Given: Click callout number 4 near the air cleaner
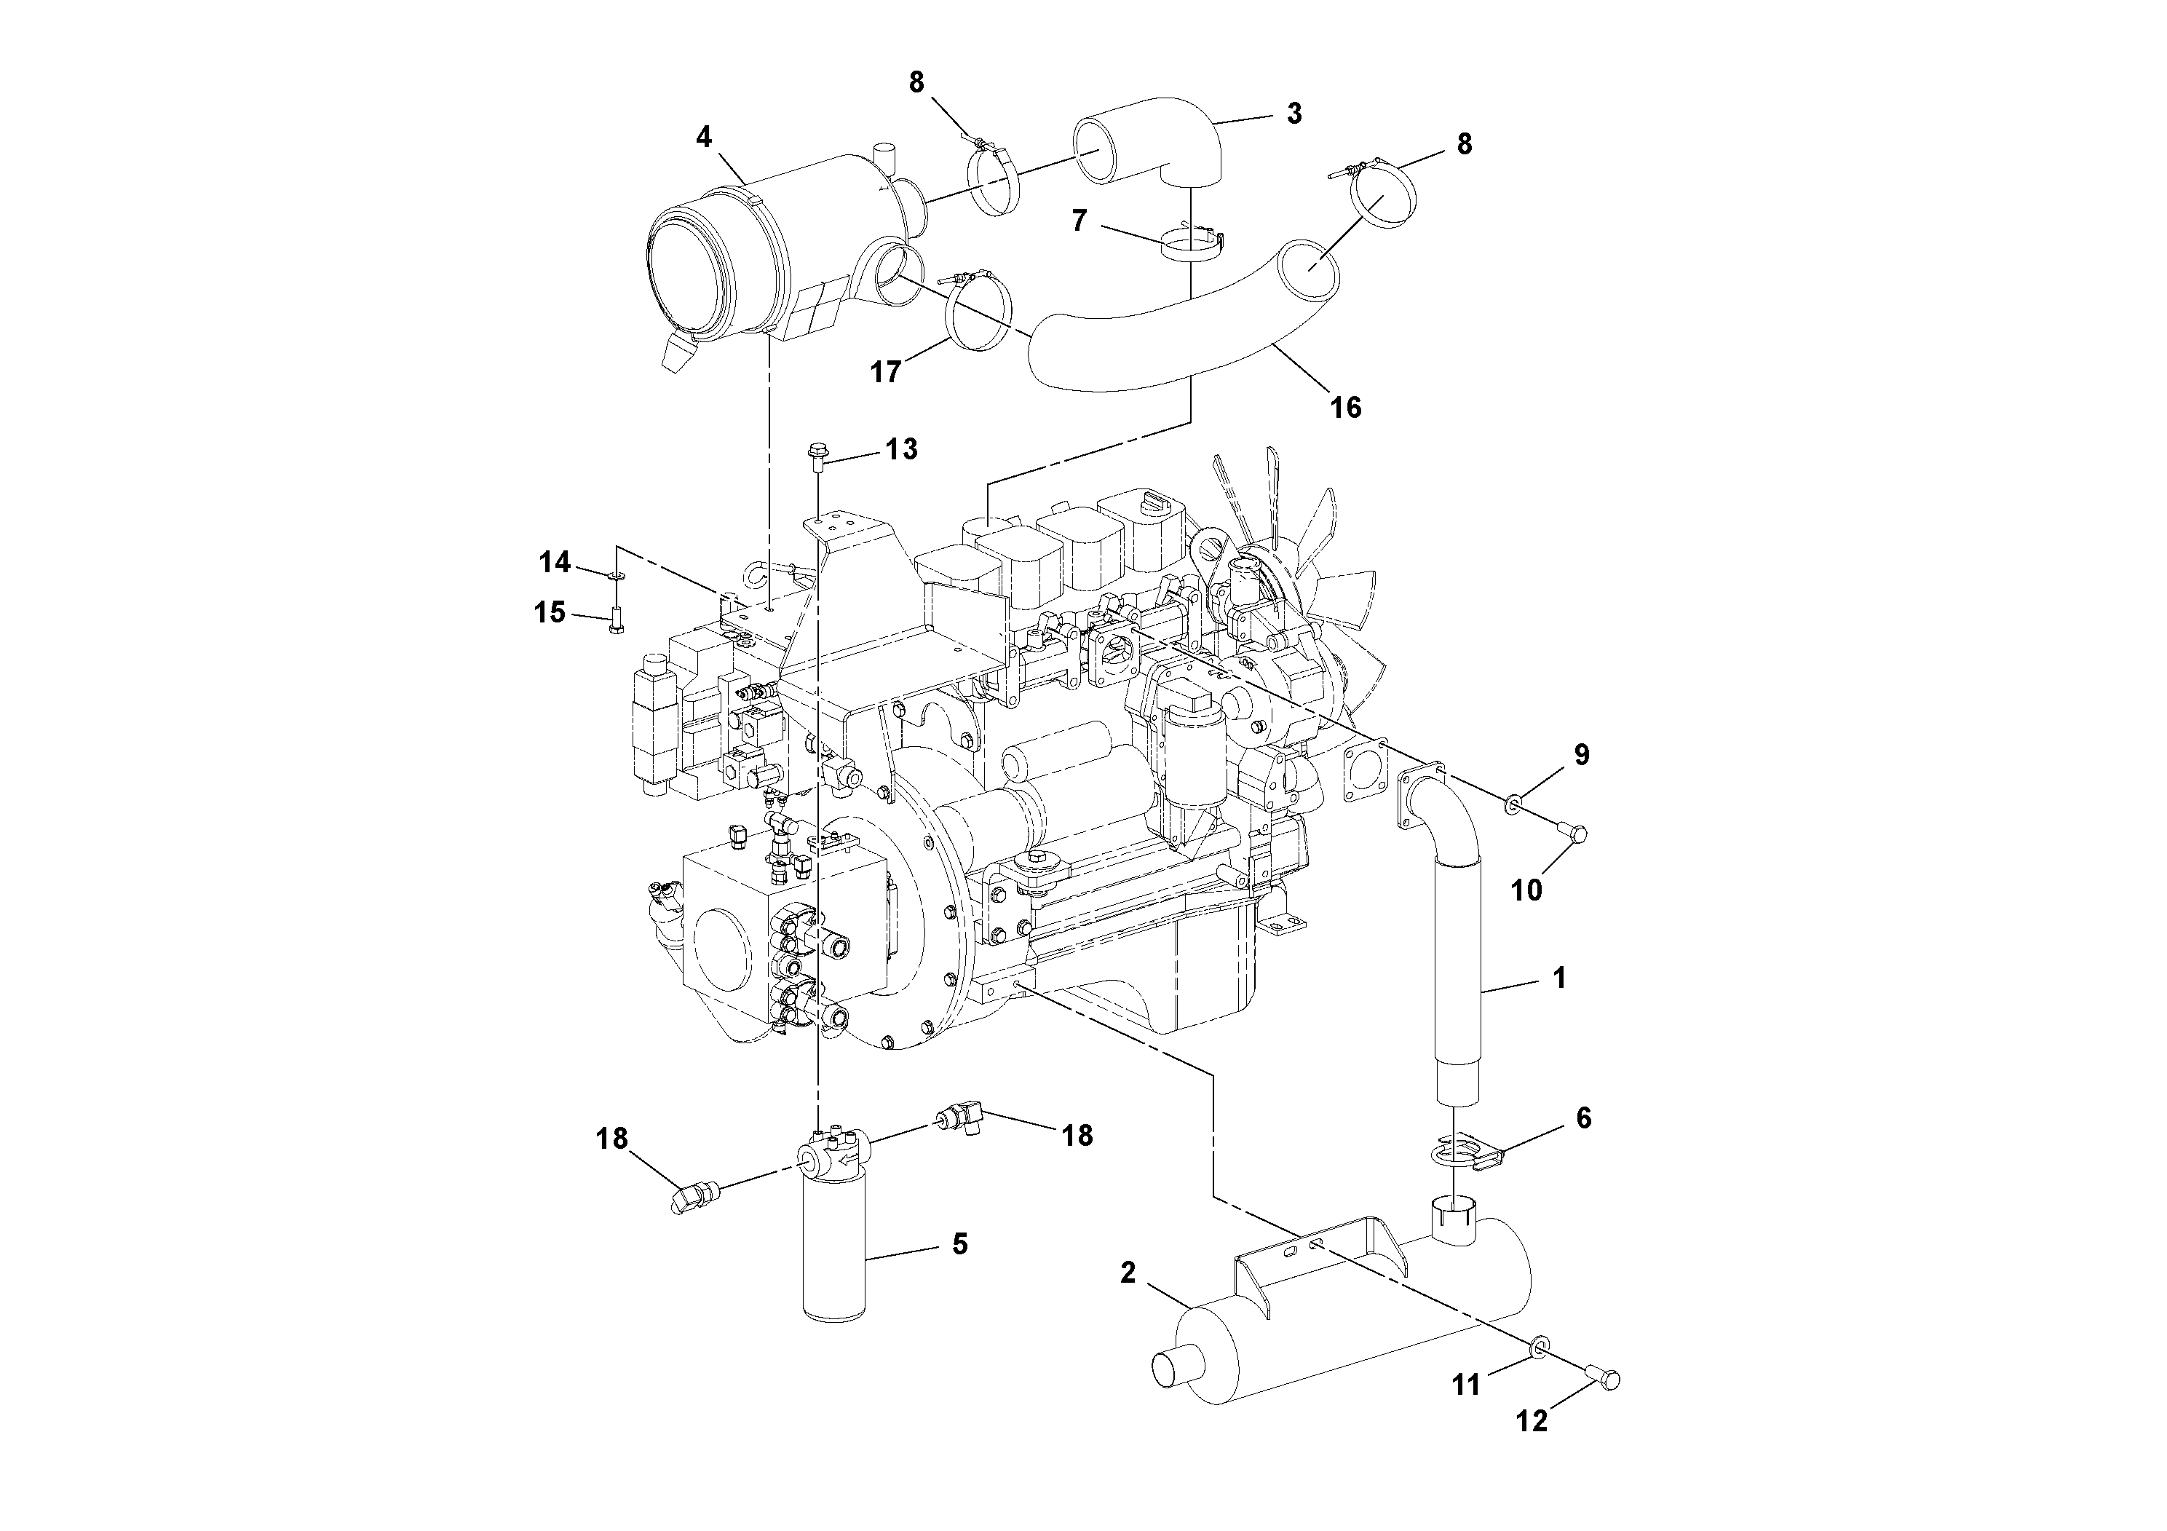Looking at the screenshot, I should [703, 137].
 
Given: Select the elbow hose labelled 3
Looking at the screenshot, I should [1165, 151].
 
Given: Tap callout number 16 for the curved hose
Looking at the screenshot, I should [1346, 407].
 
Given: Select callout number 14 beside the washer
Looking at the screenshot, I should [555, 563].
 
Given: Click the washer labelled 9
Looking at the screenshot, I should [1512, 802].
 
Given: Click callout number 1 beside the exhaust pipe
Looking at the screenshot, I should [1559, 978].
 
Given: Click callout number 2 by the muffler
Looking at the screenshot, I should [1128, 1273].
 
